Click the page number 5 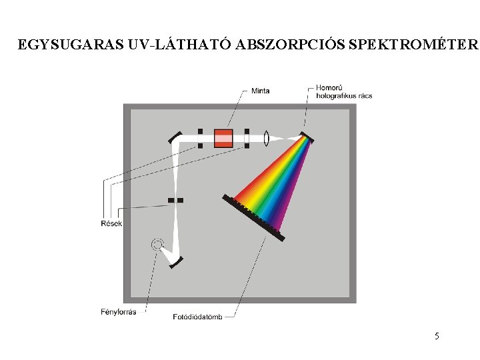437,336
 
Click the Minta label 260,91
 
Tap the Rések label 111,223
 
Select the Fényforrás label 119,311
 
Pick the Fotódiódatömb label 197,316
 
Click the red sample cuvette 223,138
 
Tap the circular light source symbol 157,244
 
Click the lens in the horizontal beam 266,139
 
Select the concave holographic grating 307,137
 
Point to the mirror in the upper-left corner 174,137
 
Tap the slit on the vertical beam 175,200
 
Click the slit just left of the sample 200,138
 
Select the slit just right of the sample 246,138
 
